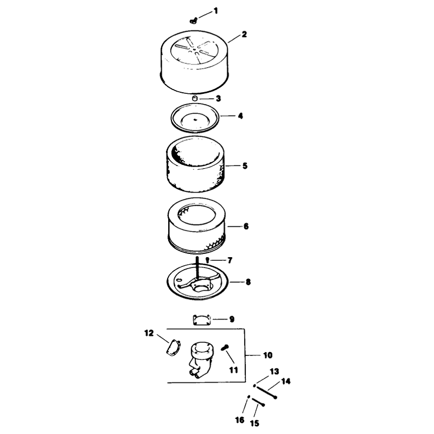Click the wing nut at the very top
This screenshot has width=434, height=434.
[194, 21]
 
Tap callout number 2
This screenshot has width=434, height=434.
[244, 34]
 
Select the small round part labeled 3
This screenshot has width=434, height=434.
[195, 98]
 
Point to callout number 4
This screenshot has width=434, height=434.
[240, 116]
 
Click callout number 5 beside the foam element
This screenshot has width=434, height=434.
[245, 166]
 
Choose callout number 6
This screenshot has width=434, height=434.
[246, 226]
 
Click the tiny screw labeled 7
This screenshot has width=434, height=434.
[208, 260]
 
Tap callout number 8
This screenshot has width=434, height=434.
[248, 282]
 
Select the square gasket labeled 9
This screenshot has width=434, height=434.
[202, 320]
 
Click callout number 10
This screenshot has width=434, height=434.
[267, 355]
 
